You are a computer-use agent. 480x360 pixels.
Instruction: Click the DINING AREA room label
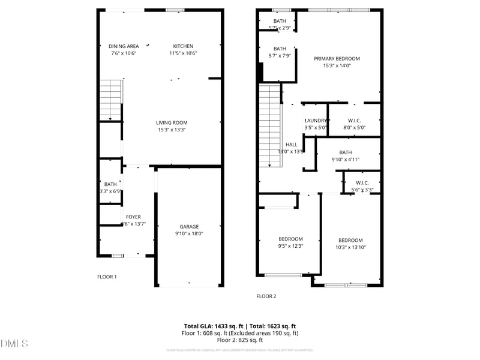124,46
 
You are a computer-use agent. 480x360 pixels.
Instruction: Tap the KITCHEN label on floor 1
183,46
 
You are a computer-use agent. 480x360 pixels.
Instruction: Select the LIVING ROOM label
172,122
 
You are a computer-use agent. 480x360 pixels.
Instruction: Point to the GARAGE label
189,226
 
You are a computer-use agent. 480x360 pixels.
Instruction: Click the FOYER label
133,217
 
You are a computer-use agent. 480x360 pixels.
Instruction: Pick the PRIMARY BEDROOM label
337,59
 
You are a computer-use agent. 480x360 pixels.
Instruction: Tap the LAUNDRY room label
316,121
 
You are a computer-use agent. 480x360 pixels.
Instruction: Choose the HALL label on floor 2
292,145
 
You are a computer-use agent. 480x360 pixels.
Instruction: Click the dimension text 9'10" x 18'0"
189,234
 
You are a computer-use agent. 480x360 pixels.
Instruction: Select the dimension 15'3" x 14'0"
337,66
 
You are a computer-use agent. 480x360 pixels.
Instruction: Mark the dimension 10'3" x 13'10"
350,247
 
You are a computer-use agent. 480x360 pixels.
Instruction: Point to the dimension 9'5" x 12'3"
290,245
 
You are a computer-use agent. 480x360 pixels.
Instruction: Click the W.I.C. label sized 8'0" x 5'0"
354,121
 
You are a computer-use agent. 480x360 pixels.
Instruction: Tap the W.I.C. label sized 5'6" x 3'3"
362,183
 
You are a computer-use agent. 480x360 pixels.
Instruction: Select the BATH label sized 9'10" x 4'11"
346,152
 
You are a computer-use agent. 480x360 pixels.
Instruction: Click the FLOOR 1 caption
107,277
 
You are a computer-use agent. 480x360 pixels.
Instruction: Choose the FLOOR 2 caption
266,296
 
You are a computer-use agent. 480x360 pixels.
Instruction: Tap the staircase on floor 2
270,126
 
